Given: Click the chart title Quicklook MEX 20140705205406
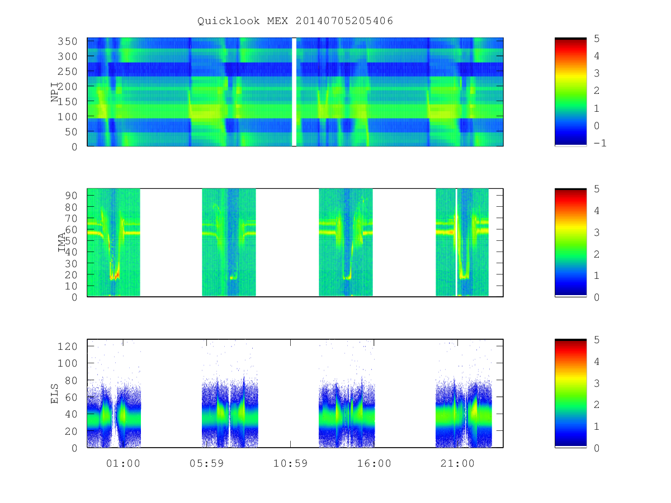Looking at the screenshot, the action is pyautogui.click(x=295, y=21).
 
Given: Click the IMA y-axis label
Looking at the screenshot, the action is pyautogui.click(x=62, y=242).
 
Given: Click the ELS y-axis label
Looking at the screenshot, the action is pyautogui.click(x=54, y=393).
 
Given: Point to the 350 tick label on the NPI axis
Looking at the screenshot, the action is pyautogui.click(x=67, y=41).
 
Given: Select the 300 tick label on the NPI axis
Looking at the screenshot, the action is pyautogui.click(x=67, y=56).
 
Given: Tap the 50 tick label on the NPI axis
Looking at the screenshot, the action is pyautogui.click(x=70, y=132).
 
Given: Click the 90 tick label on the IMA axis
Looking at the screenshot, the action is pyautogui.click(x=71, y=196).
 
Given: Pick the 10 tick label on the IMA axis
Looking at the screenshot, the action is pyautogui.click(x=71, y=286).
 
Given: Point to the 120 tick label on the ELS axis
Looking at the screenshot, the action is pyautogui.click(x=67, y=347).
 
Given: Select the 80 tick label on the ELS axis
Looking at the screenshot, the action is pyautogui.click(x=71, y=380).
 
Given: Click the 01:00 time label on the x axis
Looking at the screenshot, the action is pyautogui.click(x=123, y=463).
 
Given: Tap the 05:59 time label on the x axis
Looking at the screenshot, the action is pyautogui.click(x=207, y=463).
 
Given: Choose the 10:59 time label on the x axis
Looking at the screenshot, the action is pyautogui.click(x=290, y=463).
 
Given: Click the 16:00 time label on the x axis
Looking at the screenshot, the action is pyautogui.click(x=374, y=463).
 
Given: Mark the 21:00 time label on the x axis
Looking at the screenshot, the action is pyautogui.click(x=457, y=463).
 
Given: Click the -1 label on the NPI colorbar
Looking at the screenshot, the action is pyautogui.click(x=600, y=143).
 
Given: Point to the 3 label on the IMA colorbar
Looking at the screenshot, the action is pyautogui.click(x=597, y=232).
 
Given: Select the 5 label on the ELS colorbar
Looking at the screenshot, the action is pyautogui.click(x=597, y=340).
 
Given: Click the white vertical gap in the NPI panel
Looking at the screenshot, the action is pyautogui.click(x=294, y=92).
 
